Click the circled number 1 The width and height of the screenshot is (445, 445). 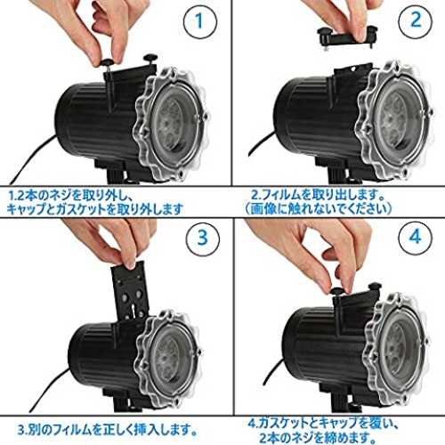(x=200, y=21)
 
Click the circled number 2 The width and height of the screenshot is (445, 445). (x=416, y=20)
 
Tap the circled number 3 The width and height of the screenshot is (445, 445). (x=203, y=238)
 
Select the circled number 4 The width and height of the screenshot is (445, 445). (x=415, y=237)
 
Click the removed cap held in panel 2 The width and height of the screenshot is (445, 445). (x=347, y=36)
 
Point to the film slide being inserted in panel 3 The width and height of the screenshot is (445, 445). (x=130, y=292)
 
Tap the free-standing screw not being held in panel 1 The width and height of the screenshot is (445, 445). (x=150, y=58)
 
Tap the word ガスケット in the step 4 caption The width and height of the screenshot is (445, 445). (x=284, y=423)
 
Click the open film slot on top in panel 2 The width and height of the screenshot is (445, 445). (x=353, y=69)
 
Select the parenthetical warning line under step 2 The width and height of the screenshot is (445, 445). (x=319, y=209)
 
